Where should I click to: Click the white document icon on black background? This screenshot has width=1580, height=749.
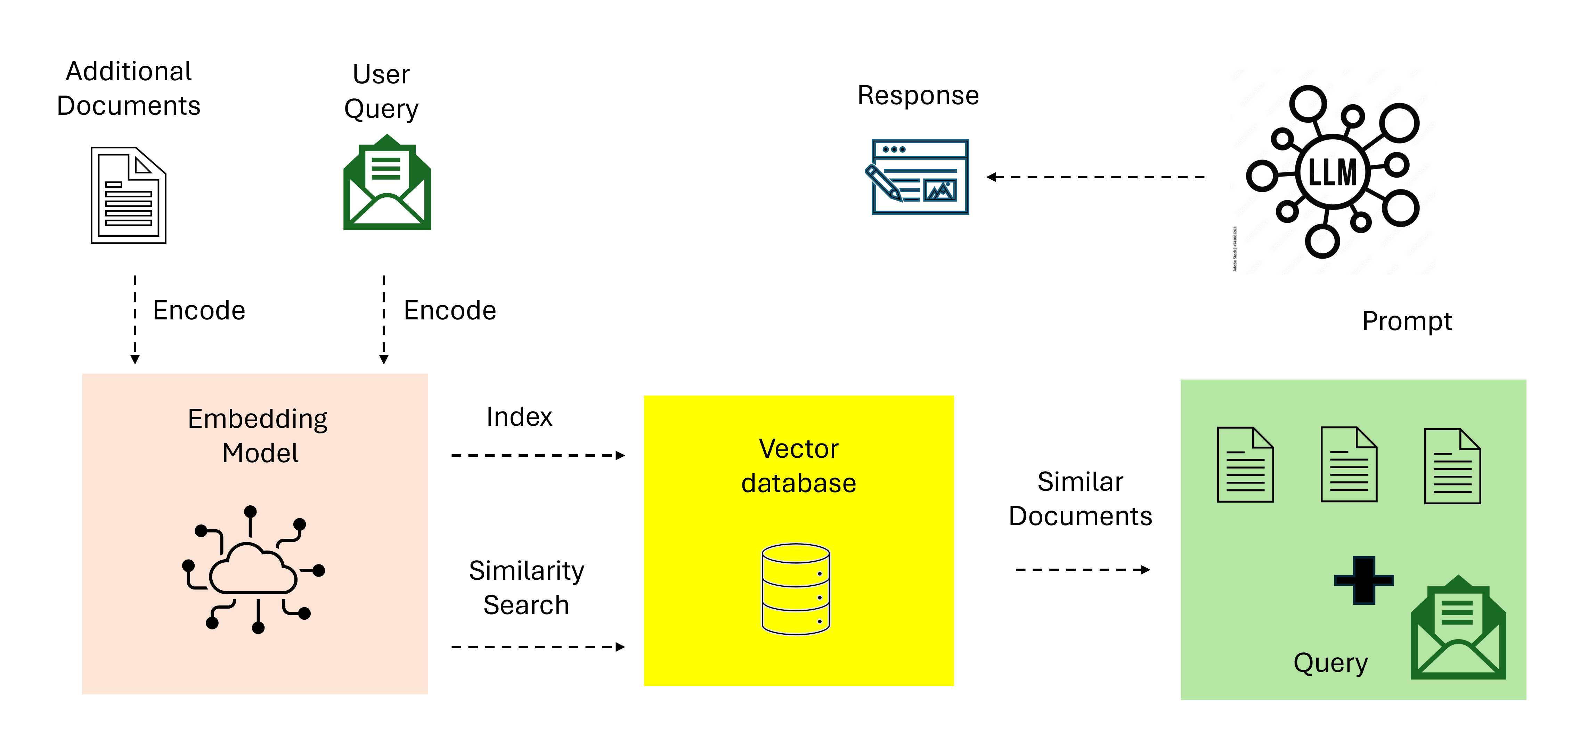pyautogui.click(x=128, y=195)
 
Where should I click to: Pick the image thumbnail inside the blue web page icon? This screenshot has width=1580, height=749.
pyautogui.click(x=940, y=191)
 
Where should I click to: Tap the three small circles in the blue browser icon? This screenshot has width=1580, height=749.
pyautogui.click(x=894, y=149)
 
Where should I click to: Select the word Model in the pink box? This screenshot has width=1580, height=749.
pyautogui.click(x=260, y=453)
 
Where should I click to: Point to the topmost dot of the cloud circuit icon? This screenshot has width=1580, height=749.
pyautogui.click(x=250, y=511)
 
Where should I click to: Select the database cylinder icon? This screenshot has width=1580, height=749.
pyautogui.click(x=796, y=589)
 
